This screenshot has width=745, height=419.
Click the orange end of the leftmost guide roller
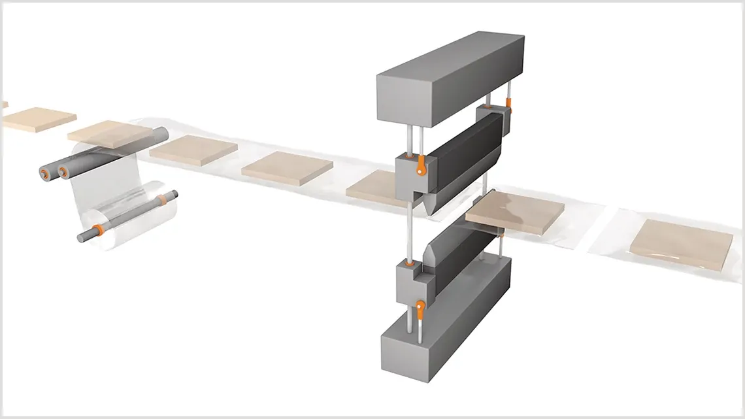click(x=44, y=173)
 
